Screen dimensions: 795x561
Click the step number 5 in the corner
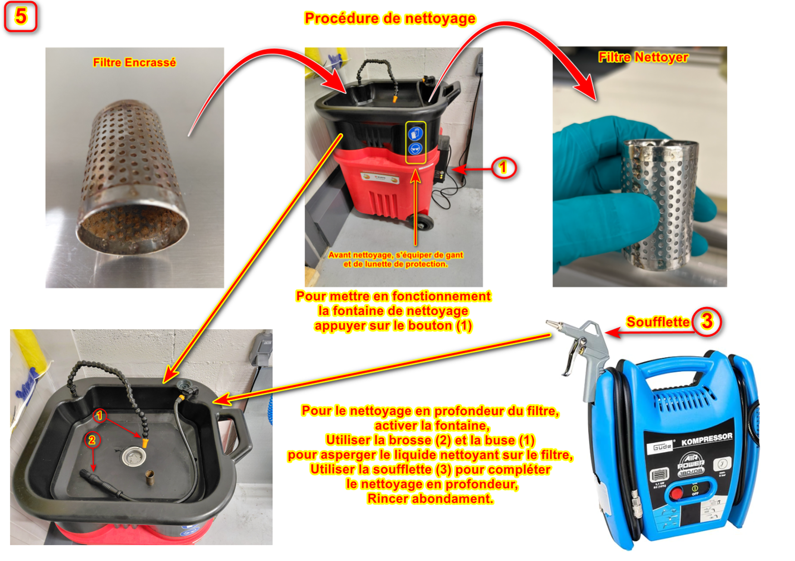tap(20, 16)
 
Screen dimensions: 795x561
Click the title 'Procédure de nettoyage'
tap(390, 18)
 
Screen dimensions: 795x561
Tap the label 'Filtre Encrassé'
tap(134, 63)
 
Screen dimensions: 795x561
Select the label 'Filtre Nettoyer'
tap(643, 57)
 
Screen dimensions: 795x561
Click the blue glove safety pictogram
tap(416, 133)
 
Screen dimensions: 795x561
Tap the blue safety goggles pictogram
tap(416, 148)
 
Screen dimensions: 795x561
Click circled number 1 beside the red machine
tap(504, 168)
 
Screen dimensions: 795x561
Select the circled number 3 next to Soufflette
tap(707, 321)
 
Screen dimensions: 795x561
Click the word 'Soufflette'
tap(658, 322)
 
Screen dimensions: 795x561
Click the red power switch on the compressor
tap(677, 493)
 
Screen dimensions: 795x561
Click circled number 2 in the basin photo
tap(92, 440)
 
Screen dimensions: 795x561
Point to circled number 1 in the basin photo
tap(99, 415)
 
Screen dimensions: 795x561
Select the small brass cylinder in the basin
tap(149, 478)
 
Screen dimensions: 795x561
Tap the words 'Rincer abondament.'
tap(430, 499)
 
